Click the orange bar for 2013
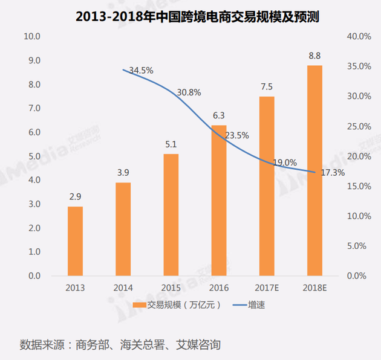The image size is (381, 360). point(75,241)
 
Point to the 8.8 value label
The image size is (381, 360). point(314,56)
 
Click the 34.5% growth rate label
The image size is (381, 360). point(141,71)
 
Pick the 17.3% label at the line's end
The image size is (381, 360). point(333,173)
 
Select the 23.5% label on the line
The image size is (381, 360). point(237,135)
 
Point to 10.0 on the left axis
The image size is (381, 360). point(31,37)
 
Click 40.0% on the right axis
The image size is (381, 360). point(357,37)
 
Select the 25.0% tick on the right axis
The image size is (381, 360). point(357,126)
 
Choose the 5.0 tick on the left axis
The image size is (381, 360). point(34,156)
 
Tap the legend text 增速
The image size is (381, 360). point(256,305)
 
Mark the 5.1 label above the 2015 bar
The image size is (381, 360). point(171,144)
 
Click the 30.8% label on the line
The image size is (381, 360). point(189,93)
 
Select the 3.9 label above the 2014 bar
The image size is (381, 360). point(123,173)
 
